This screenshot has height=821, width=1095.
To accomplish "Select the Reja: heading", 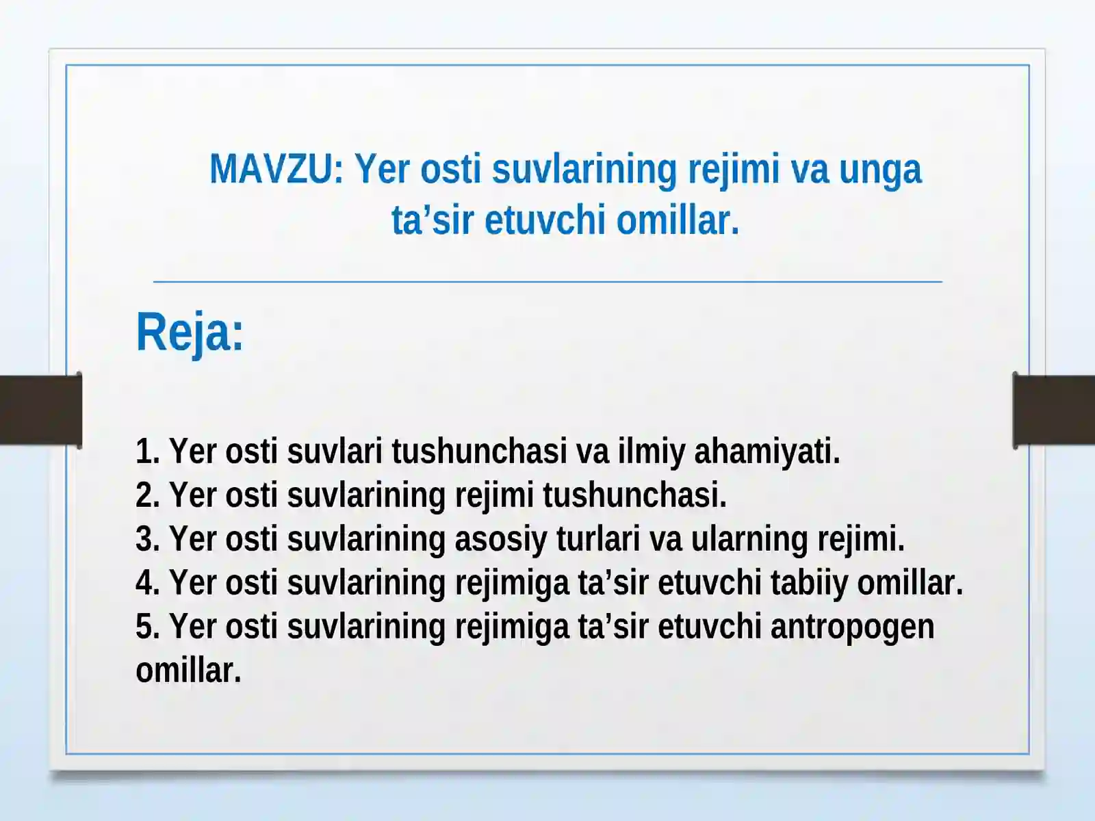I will pyautogui.click(x=190, y=333).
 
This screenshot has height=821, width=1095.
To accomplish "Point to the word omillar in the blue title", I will pyautogui.click(x=678, y=220).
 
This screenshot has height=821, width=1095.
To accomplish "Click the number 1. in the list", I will pyautogui.click(x=147, y=452).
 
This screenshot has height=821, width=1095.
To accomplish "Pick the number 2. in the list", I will pyautogui.click(x=147, y=495).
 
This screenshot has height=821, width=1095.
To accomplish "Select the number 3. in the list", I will pyautogui.click(x=147, y=539).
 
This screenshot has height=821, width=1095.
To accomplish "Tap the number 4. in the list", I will pyautogui.click(x=147, y=583).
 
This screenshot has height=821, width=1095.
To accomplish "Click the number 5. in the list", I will pyautogui.click(x=147, y=627).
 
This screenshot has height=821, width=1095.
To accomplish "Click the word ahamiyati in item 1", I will pyautogui.click(x=766, y=452).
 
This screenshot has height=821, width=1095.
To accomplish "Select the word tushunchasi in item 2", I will pyautogui.click(x=634, y=495).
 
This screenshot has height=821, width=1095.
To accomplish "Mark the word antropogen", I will pyautogui.click(x=852, y=627).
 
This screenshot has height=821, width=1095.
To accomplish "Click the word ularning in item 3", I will pyautogui.click(x=749, y=540).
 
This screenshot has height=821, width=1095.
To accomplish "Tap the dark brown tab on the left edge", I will pyautogui.click(x=40, y=410).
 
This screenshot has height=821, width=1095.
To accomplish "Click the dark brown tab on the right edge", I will pyautogui.click(x=1054, y=410).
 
